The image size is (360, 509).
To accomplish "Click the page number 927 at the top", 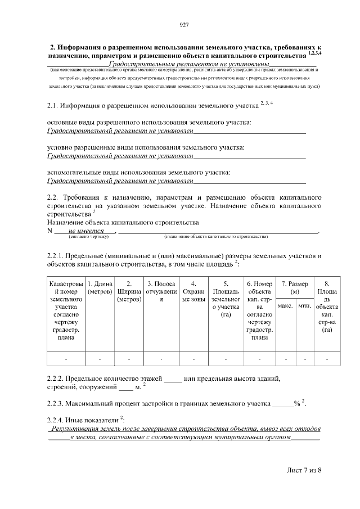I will click(183, 25).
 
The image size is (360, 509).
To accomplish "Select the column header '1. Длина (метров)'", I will click(100, 289).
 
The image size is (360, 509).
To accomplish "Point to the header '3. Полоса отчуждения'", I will click(161, 292).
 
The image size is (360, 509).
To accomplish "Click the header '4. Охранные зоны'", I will click(193, 292).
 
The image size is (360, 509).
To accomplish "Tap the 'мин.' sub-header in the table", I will click(305, 305).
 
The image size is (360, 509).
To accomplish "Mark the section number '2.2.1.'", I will click(57, 256).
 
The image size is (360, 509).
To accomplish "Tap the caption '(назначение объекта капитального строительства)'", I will click(216, 237).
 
